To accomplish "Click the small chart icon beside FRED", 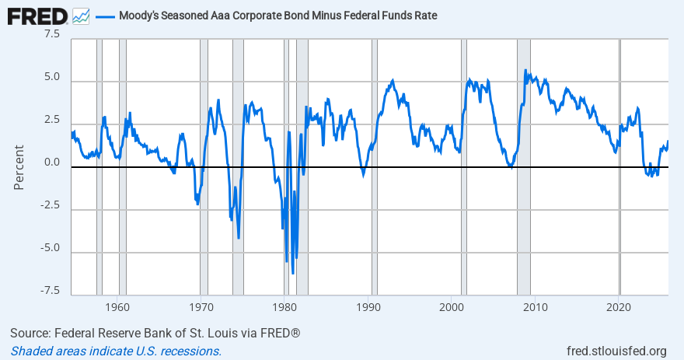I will [80, 15].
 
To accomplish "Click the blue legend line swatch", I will [105, 16].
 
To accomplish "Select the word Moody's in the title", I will [141, 16].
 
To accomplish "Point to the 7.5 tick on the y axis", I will [51, 34].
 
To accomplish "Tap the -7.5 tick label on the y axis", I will [49, 290].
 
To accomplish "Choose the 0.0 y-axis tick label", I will [51, 163].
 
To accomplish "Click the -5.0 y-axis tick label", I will [49, 247].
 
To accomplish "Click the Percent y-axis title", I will [19, 166].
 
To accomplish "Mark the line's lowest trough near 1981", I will [293, 273].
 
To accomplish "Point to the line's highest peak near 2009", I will [525, 71].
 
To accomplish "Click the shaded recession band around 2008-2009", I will [524, 194].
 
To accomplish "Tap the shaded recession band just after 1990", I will [375, 194].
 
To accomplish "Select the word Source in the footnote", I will [30, 334].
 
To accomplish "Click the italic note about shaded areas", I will [116, 351].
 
